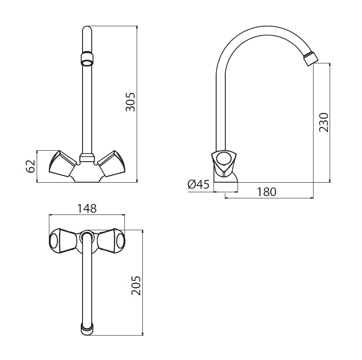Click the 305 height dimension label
click(131, 102)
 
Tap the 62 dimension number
click(30, 166)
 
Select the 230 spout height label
click(324, 122)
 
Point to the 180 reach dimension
click(266, 192)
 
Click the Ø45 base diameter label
click(199, 184)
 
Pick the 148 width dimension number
click(87, 208)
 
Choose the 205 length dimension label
click(136, 285)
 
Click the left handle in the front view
click(63, 164)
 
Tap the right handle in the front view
click(111, 164)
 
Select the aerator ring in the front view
click(87, 59)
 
